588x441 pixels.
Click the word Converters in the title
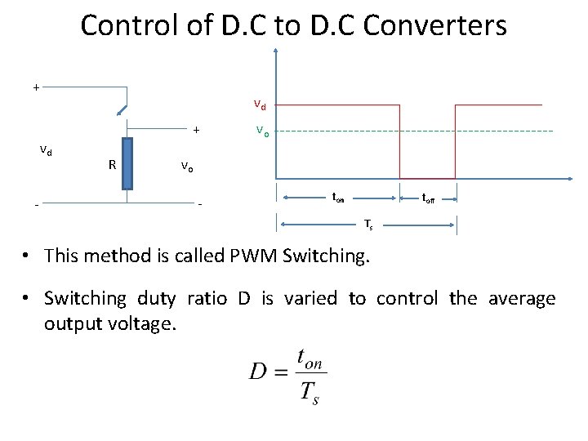click(x=434, y=25)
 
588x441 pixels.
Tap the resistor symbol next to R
click(x=127, y=163)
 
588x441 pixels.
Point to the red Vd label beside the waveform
click(x=260, y=105)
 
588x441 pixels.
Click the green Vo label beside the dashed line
click(x=261, y=131)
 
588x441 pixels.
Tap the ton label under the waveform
click(x=337, y=197)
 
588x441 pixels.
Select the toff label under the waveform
click(x=428, y=197)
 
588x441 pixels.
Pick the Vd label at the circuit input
click(x=47, y=149)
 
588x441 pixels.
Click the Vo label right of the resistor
click(x=187, y=167)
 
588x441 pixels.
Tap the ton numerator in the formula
click(x=311, y=359)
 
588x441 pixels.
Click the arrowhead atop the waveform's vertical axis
click(x=278, y=51)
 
